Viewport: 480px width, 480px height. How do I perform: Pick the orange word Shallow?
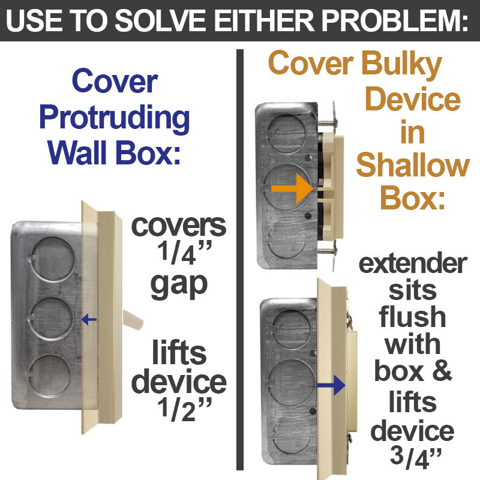pos(413,166)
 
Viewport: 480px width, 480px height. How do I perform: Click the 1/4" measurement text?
pos(178,254)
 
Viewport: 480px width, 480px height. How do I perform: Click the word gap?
pos(178,286)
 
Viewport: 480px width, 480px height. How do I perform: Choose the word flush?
pos(413,317)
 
